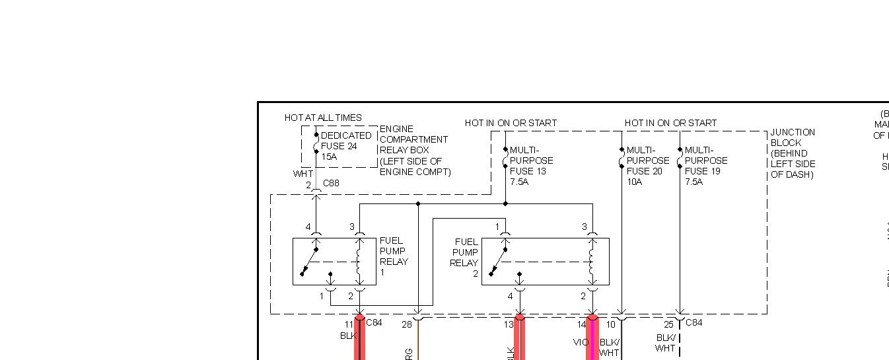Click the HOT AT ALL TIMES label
[x=323, y=118]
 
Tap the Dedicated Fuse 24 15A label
[x=345, y=146]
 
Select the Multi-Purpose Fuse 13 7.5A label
[x=531, y=166]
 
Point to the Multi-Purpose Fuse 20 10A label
[x=647, y=166]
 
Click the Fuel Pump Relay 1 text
[x=394, y=256]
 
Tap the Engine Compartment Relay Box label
[x=415, y=151]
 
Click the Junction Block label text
[x=793, y=153]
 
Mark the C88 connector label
[x=331, y=183]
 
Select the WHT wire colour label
[x=303, y=174]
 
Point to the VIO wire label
[x=581, y=342]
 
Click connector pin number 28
[x=407, y=324]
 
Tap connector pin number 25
[x=668, y=324]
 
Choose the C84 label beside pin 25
[x=694, y=322]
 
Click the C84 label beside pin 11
[x=374, y=322]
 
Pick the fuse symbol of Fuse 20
[x=622, y=159]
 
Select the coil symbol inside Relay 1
[x=359, y=262]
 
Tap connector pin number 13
[x=509, y=324]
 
